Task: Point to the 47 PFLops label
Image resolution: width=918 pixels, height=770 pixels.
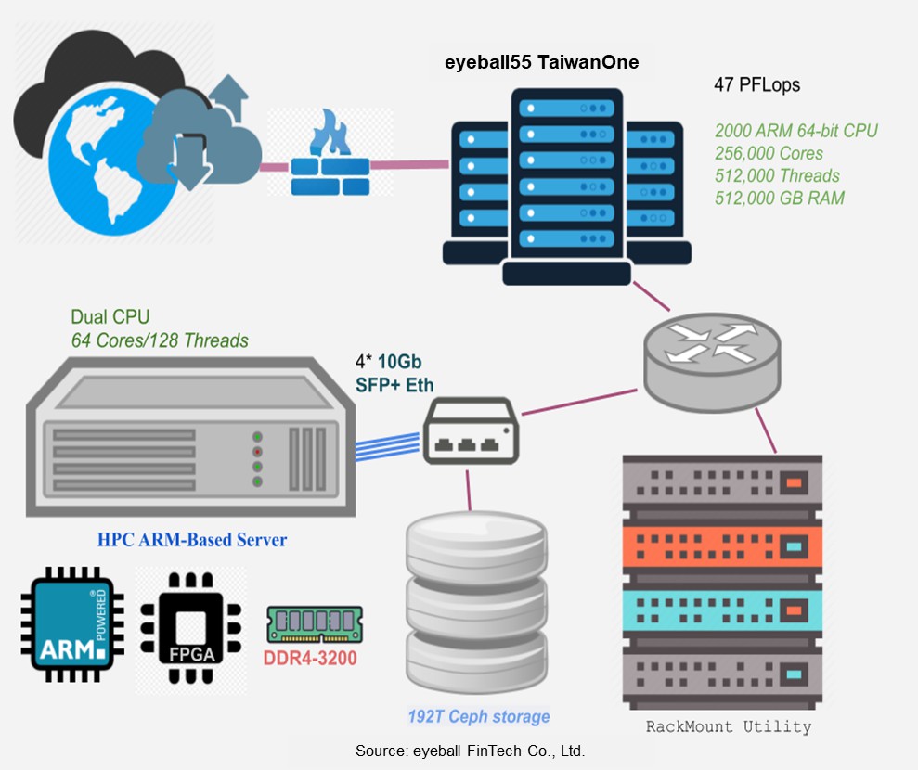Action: (x=756, y=85)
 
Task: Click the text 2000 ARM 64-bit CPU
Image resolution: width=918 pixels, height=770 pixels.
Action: (x=795, y=131)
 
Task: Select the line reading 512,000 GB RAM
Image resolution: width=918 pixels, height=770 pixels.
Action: (x=780, y=198)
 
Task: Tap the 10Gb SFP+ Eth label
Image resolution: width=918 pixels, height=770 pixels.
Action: (x=394, y=374)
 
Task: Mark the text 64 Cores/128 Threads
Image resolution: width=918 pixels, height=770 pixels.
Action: (x=160, y=340)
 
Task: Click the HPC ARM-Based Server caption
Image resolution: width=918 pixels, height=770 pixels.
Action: (x=192, y=540)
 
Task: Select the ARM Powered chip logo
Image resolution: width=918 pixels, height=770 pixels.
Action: (x=72, y=622)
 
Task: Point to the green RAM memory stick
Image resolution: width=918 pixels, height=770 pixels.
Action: (x=314, y=624)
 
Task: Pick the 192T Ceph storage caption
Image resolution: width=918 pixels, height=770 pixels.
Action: (x=478, y=716)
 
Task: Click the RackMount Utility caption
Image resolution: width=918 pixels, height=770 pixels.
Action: (x=728, y=726)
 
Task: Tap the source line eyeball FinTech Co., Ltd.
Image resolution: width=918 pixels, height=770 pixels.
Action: (x=470, y=751)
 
